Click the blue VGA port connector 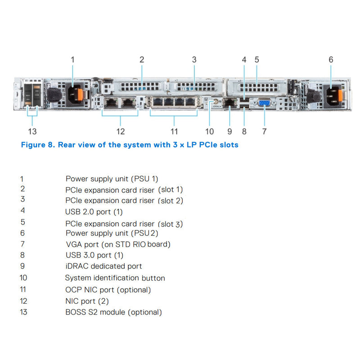(265, 103)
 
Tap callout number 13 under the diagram (32, 131)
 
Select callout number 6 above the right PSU (331, 59)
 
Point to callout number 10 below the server (210, 131)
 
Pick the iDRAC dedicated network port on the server (230, 103)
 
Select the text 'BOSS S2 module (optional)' (113, 312)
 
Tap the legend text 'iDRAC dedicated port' (103, 266)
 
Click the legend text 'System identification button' (115, 278)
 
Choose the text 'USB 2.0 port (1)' (94, 211)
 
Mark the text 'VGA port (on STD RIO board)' (118, 244)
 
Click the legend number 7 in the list (22, 244)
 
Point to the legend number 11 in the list (23, 290)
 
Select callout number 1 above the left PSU (73, 59)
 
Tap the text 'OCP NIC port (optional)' (108, 290)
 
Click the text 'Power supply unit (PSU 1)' (112, 179)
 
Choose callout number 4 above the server (244, 59)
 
